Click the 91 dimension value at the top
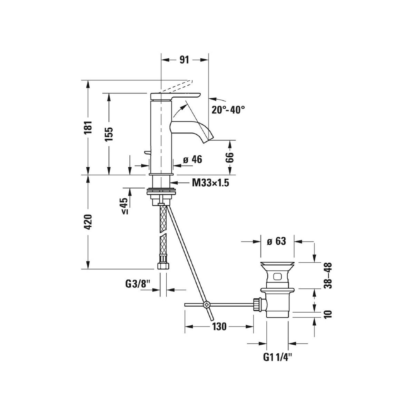[184, 60]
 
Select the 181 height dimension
[88, 127]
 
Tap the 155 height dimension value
[109, 134]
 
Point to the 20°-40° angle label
[228, 110]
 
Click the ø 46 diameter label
[193, 159]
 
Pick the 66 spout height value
[230, 158]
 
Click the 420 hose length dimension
[88, 221]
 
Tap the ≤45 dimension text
[125, 206]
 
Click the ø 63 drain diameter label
[276, 241]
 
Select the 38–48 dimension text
[328, 275]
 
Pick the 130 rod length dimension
[219, 327]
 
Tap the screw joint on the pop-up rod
[207, 304]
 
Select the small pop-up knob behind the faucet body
[147, 152]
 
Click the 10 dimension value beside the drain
[328, 314]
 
